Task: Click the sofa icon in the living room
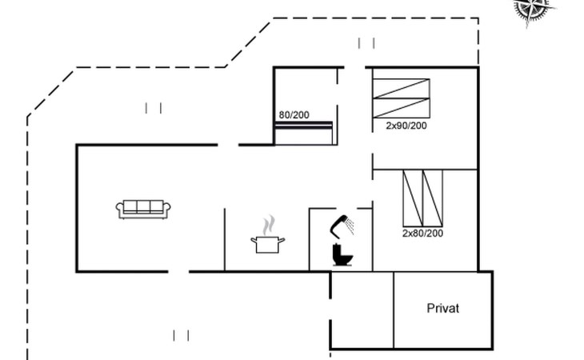tap(143, 210)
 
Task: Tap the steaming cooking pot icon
tap(267, 234)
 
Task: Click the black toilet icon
tap(342, 254)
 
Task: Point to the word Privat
tap(443, 308)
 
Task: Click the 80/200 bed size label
tap(294, 115)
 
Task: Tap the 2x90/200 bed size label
tap(406, 126)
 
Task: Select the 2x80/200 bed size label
tap(422, 234)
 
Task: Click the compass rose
tap(533, 10)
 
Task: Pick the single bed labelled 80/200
tap(303, 133)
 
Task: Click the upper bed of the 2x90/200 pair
tap(401, 89)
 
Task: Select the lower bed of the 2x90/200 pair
tap(401, 108)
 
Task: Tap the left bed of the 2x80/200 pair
tap(413, 198)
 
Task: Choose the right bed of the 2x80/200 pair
tap(433, 198)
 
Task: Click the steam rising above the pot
tap(268, 226)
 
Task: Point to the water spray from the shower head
tap(350, 226)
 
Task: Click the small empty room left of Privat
tap(362, 310)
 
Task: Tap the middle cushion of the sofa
tap(143, 206)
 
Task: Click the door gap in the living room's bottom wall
tap(178, 272)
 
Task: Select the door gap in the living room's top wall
tap(228, 145)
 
